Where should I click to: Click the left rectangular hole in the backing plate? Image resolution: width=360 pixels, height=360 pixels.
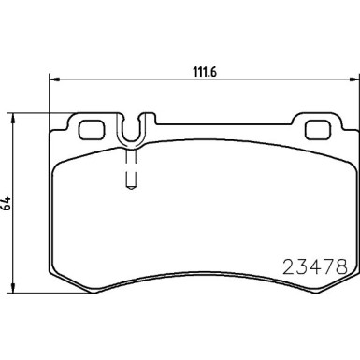(x=92, y=129)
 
